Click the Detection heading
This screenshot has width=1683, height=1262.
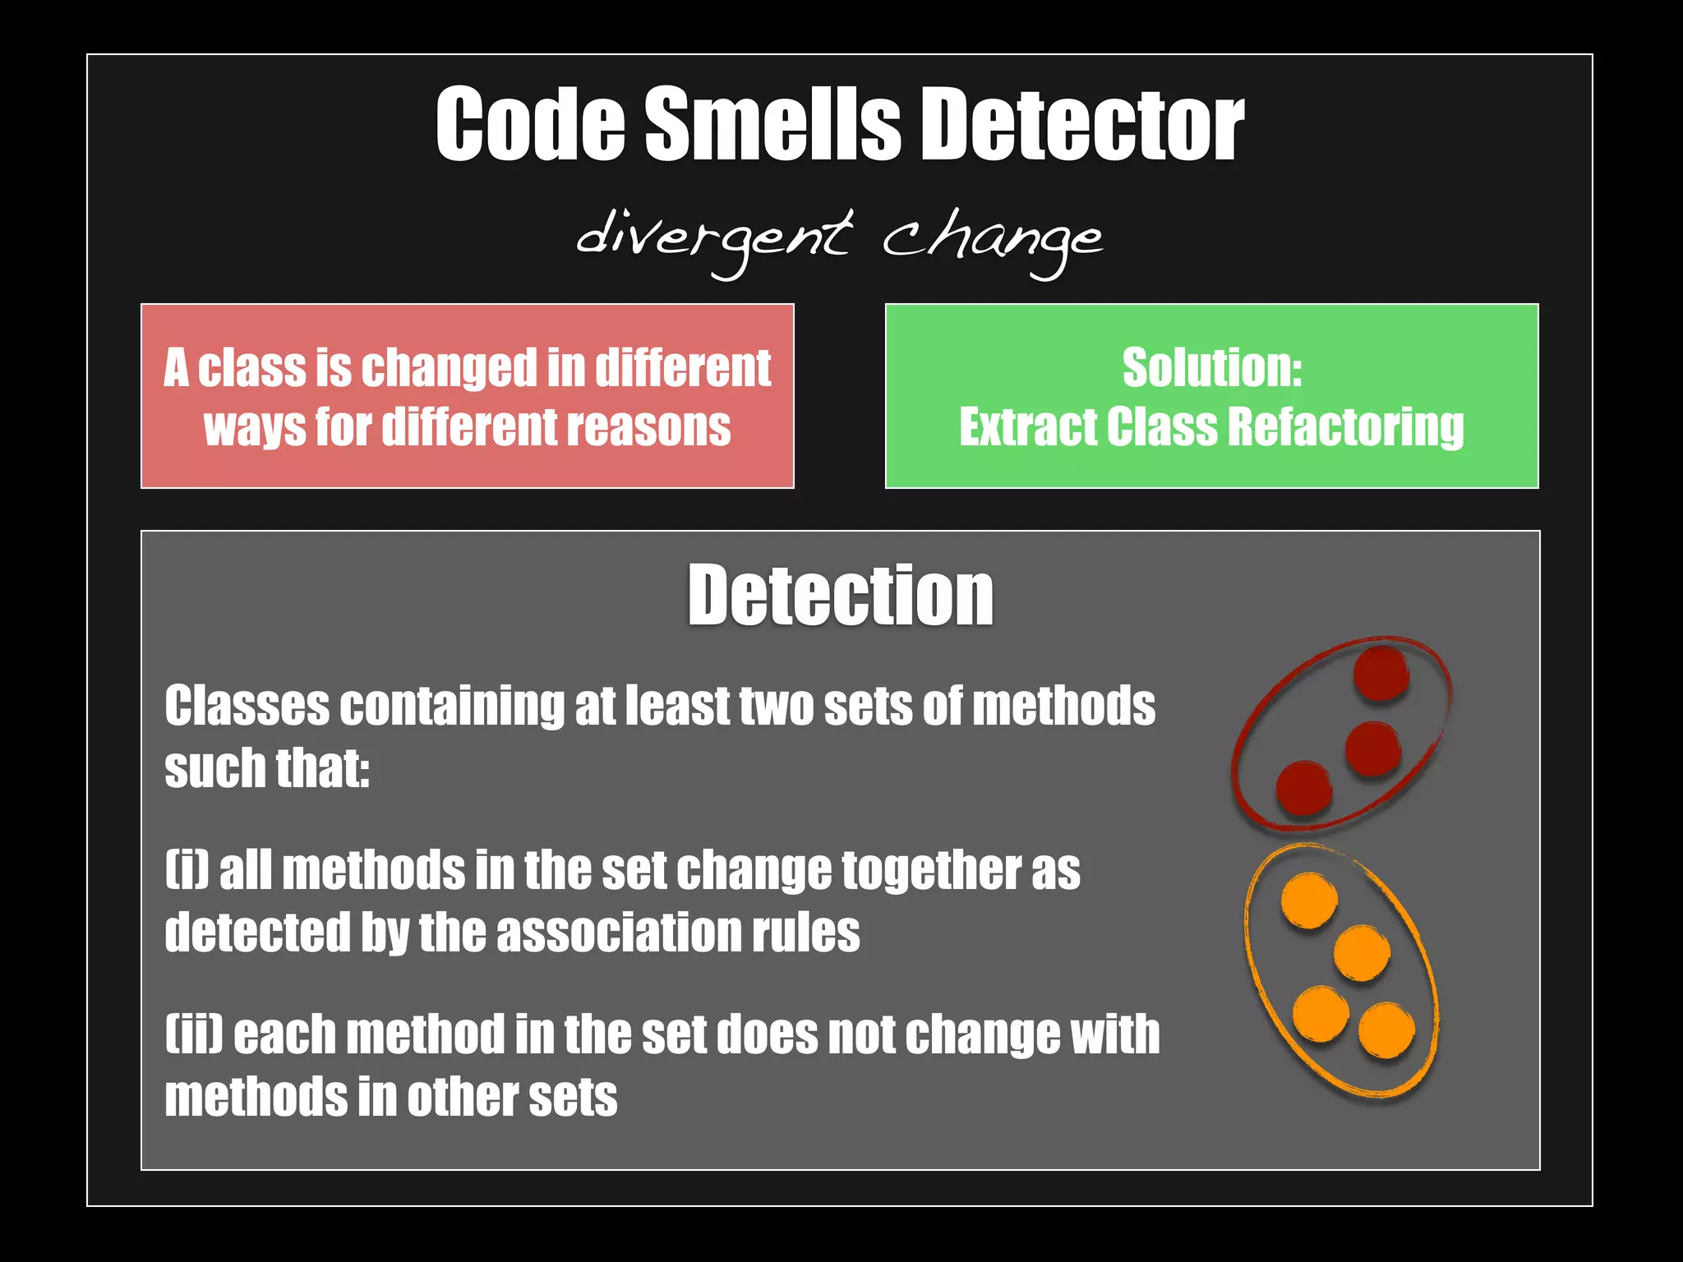841,595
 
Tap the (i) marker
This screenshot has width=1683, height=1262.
187,870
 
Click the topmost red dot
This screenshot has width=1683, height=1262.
1381,674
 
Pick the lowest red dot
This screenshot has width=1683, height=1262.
1303,788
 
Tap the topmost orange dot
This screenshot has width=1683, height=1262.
1309,900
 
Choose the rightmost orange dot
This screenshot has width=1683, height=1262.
1386,1029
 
